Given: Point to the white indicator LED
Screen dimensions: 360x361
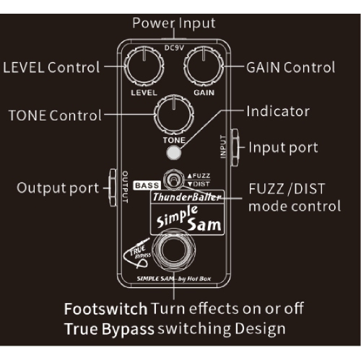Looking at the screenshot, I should click(173, 152).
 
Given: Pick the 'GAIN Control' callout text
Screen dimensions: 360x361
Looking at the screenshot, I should click(290, 68).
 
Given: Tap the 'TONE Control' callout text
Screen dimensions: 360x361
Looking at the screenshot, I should click(56, 115).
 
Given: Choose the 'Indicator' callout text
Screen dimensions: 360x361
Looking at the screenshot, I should click(278, 112).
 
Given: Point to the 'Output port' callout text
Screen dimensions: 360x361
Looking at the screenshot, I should click(58, 188).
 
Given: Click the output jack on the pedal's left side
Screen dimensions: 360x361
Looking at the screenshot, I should click(112, 182).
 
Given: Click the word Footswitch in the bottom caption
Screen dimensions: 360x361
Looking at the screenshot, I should click(105, 309).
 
